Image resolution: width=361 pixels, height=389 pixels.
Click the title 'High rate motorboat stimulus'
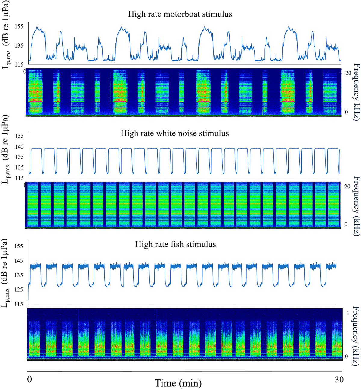pos(180,14)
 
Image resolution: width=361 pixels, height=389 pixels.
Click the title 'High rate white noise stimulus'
pos(175,133)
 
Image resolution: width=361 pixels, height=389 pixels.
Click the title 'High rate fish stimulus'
pos(175,244)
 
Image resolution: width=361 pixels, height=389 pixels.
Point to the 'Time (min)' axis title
pos(178,383)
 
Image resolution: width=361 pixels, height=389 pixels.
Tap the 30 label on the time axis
pos(339,380)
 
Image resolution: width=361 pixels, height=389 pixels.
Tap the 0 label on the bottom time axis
pos(29,379)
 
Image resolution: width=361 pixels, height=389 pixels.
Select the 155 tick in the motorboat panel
pos(19,27)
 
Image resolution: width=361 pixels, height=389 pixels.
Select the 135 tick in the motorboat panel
pos(19,45)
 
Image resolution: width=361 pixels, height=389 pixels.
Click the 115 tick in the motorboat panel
pos(19,64)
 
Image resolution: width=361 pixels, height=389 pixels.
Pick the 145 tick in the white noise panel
pos(19,146)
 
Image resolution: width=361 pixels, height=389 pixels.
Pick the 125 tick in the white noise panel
pos(19,168)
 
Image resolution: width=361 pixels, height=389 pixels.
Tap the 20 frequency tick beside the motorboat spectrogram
pos(348,73)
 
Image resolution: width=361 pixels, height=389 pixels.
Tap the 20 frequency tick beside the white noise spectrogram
pos(347,187)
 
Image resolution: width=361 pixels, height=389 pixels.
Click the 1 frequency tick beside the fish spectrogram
pos(348,313)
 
